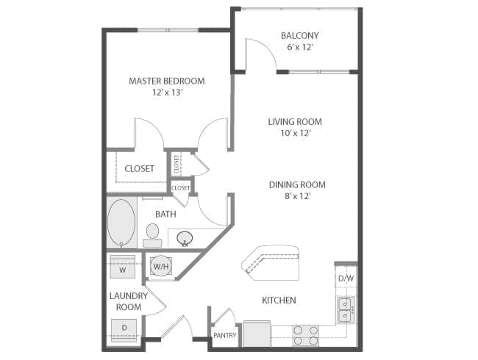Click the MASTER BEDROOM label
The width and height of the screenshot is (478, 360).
(x=166, y=81)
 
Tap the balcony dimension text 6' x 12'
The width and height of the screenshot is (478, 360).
(x=300, y=47)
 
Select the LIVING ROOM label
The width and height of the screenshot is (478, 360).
(x=295, y=122)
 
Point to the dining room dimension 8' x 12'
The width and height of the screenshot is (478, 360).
(x=297, y=196)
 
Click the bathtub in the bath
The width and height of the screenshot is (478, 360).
(x=121, y=223)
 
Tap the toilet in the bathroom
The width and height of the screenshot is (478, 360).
(x=152, y=235)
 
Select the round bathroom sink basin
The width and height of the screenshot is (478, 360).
(x=185, y=239)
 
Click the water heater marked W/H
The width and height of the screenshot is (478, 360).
(x=161, y=267)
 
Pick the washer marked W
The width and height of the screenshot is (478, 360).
(x=123, y=267)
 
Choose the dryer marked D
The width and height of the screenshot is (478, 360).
(x=124, y=330)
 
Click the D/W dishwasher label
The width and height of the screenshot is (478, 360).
(x=346, y=278)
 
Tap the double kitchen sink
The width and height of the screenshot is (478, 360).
(x=346, y=310)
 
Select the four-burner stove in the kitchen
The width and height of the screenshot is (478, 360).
(x=306, y=336)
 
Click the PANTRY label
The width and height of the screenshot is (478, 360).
(x=225, y=335)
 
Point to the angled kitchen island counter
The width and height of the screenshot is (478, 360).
(x=271, y=263)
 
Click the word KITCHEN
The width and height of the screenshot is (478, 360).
(x=279, y=300)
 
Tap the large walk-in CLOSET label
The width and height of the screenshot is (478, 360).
(x=139, y=168)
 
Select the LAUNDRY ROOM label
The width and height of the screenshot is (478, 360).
(x=129, y=301)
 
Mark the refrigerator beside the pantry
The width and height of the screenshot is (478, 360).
(x=257, y=334)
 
